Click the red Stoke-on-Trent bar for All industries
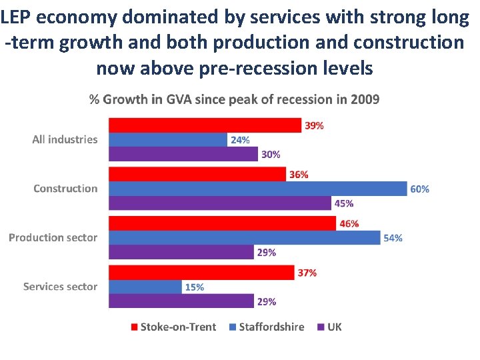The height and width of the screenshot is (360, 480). pos(205,125)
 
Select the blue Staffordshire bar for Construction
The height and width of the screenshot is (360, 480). pos(257,189)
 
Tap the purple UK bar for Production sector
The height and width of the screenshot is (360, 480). pos(181,252)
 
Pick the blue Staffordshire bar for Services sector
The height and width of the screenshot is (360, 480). pos(145,287)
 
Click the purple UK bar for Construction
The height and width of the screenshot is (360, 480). pos(219,203)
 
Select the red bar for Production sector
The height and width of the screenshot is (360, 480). pos(222,223)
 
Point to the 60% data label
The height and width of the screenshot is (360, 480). pos(419,189)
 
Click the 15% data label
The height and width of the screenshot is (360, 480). pos(194,287)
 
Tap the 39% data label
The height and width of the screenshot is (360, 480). pos(314,125)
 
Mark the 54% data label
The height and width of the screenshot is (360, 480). pos(393,238)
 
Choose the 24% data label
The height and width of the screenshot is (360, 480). pos(239,140)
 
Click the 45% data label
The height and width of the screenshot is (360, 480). pos(343,204)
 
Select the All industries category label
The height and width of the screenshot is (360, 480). pos(65,139)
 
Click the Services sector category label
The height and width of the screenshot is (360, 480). pos(60,287)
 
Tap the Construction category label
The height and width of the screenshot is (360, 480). pos(65,189)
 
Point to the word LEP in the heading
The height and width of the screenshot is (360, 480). pos(15,17)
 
